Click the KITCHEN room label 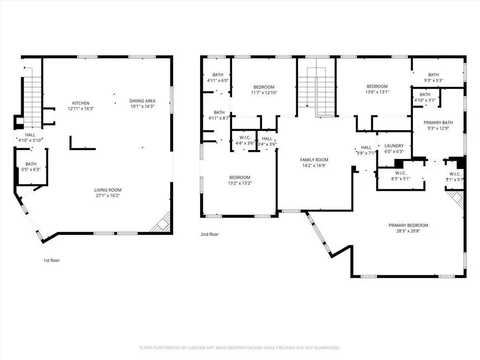pyautogui.click(x=81, y=103)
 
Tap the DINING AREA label pyautogui.click(x=142, y=101)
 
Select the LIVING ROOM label pyautogui.click(x=108, y=190)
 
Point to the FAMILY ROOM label pyautogui.click(x=314, y=160)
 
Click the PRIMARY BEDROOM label pyautogui.click(x=408, y=225)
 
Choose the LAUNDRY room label pyautogui.click(x=394, y=146)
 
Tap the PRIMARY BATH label pyautogui.click(x=438, y=123)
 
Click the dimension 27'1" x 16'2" pyautogui.click(x=108, y=195)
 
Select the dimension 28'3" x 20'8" pyautogui.click(x=408, y=231)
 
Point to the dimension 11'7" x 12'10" pyautogui.click(x=264, y=93)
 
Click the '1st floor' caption pyautogui.click(x=52, y=261)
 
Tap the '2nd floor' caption pyautogui.click(x=210, y=234)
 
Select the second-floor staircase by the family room pyautogui.click(x=316, y=92)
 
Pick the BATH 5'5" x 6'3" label pyautogui.click(x=31, y=167)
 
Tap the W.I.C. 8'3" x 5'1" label pyautogui.click(x=401, y=176)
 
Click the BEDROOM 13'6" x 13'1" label pyautogui.click(x=377, y=89)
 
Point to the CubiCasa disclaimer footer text pyautogui.click(x=240, y=348)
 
